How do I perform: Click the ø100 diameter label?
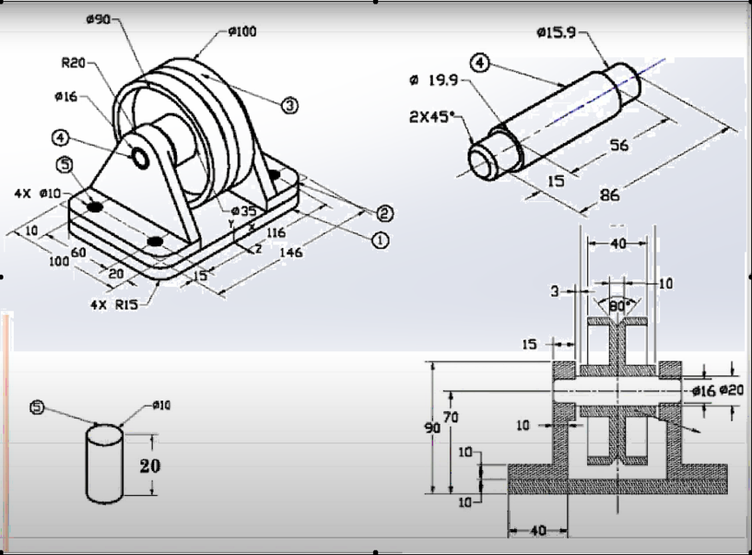242,31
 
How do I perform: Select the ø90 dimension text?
98,19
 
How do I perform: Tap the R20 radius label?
73,63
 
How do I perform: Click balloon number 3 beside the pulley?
290,104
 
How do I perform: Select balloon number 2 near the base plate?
383,213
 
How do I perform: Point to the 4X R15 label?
114,304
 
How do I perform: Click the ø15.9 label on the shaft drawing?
556,33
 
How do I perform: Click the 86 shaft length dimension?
610,195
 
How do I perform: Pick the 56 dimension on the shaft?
618,145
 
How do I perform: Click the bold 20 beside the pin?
150,466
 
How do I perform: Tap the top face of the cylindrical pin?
107,434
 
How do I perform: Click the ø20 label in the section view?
731,391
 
